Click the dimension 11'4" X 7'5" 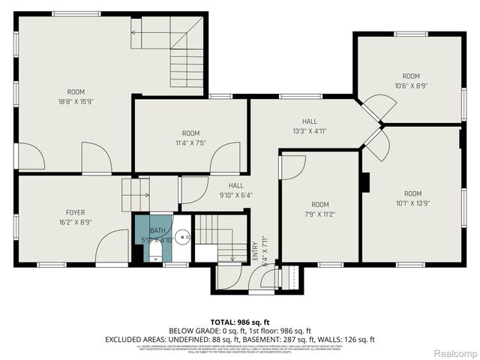[190, 142]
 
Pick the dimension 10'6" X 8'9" [410, 85]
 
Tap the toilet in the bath [155, 251]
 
